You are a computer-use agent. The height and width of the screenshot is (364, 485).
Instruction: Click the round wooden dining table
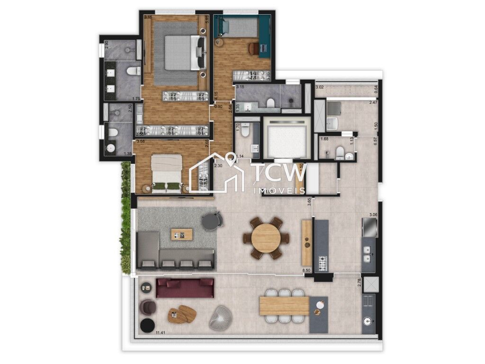[x=266, y=238]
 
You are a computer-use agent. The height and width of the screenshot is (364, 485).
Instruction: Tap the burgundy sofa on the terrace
[x=185, y=288]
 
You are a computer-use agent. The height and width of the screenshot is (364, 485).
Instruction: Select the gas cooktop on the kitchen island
[x=323, y=263]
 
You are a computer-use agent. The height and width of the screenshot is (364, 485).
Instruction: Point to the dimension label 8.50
[x=307, y=271]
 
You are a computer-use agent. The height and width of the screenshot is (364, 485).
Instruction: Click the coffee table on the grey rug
[x=182, y=234]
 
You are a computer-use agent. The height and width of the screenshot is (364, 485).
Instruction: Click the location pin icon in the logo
[x=232, y=159]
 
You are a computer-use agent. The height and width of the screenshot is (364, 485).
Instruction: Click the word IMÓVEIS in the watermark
[x=280, y=190]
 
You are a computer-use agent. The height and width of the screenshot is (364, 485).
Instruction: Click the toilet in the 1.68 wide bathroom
[x=340, y=152]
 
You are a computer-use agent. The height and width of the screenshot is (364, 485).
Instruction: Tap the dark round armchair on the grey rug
[x=211, y=221]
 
